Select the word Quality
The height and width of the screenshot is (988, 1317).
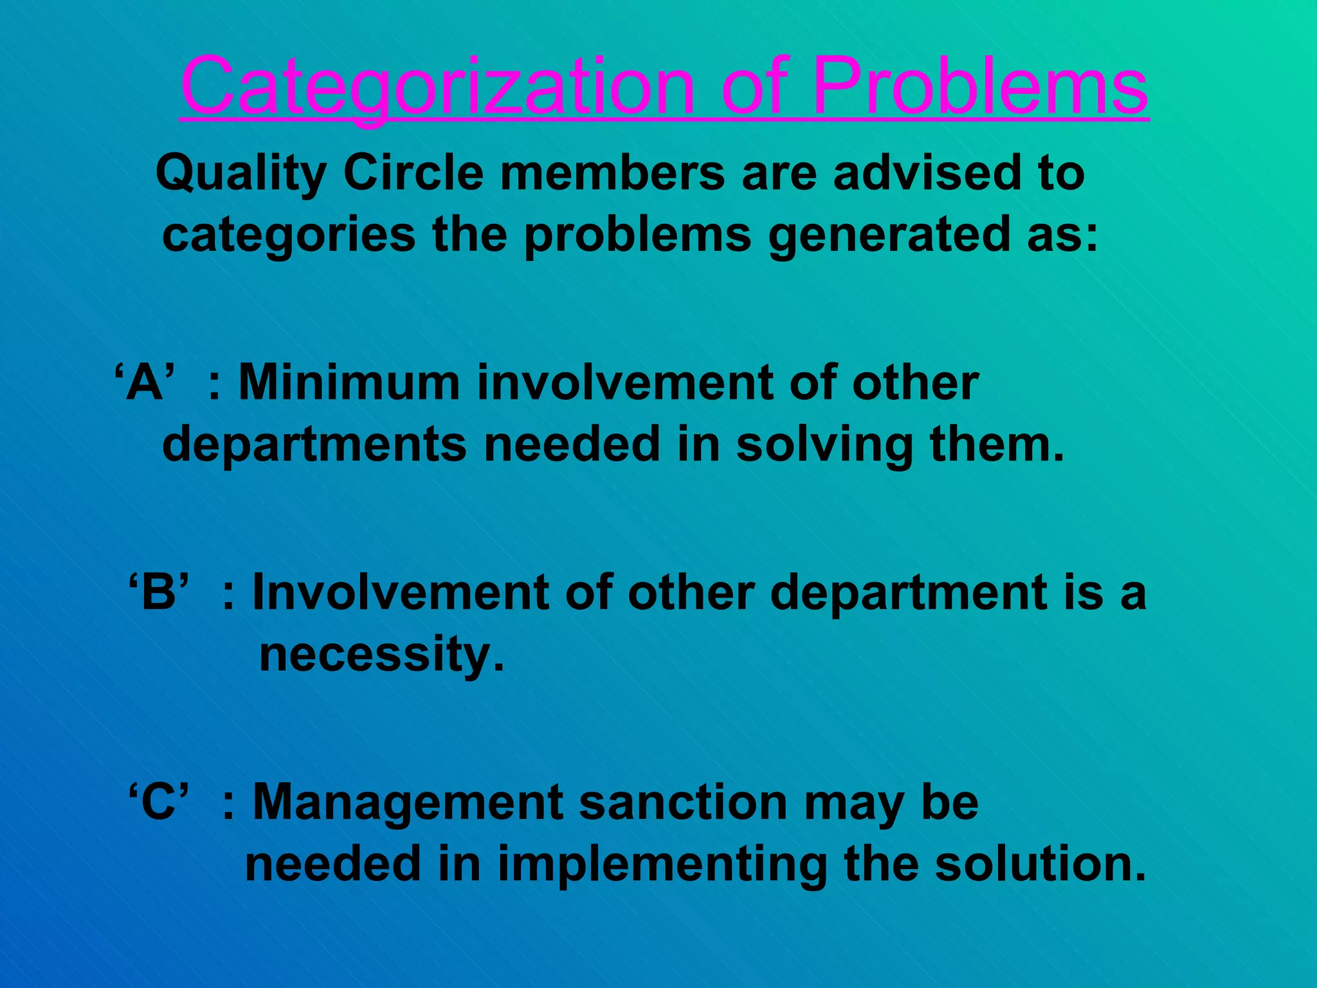(241, 174)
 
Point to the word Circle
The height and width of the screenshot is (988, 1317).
(413, 173)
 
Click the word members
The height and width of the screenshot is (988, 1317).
(612, 173)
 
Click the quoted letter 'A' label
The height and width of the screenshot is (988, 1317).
(145, 383)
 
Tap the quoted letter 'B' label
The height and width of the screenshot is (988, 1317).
(159, 592)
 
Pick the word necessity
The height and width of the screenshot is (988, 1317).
(381, 655)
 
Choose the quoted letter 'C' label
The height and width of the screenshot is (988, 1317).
(159, 802)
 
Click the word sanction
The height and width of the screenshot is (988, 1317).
(683, 802)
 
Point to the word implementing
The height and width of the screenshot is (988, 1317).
(662, 864)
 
